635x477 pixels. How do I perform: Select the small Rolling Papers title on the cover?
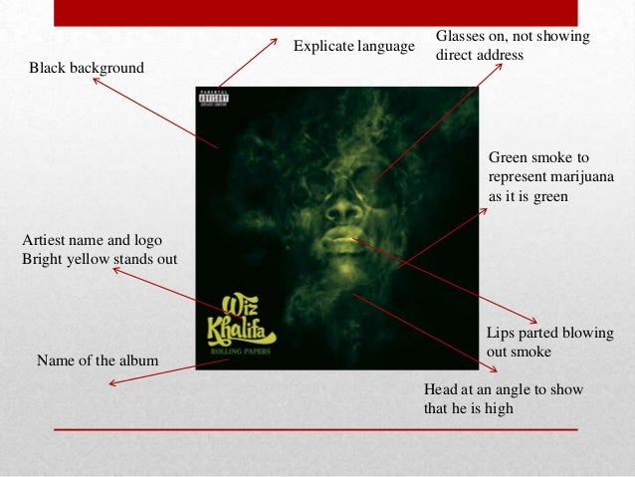[x=239, y=350]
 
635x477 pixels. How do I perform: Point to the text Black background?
[x=87, y=68]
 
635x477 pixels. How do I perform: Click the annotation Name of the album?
[x=98, y=359]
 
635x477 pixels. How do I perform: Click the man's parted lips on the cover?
[x=340, y=236]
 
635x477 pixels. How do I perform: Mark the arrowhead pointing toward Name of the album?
[x=112, y=382]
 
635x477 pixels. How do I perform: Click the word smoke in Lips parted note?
[x=533, y=352]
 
